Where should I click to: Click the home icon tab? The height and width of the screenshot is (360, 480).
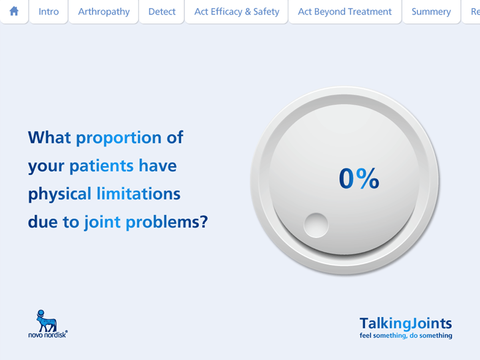tap(14, 11)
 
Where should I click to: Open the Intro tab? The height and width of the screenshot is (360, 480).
tap(48, 12)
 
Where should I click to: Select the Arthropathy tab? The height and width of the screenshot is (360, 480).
tap(104, 12)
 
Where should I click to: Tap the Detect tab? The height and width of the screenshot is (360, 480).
tap(162, 12)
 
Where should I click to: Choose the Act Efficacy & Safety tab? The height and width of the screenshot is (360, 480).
tap(236, 12)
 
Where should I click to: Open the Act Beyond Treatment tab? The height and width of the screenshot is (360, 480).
tap(344, 12)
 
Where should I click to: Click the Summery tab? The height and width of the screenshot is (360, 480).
tap(431, 12)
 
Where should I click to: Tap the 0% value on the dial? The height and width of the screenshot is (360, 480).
tap(359, 178)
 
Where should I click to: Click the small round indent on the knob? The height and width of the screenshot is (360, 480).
tap(316, 225)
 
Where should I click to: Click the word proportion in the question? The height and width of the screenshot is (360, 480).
tap(118, 138)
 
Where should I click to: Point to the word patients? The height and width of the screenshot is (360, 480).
tap(101, 166)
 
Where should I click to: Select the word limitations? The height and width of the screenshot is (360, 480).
tap(138, 194)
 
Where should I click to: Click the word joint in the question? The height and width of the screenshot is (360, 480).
tap(102, 222)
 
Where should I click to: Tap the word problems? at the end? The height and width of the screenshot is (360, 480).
tap(167, 222)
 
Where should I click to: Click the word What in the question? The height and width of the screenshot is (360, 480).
tap(49, 138)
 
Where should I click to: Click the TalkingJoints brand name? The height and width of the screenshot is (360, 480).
tap(405, 323)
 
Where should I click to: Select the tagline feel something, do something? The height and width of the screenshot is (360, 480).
tap(406, 336)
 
